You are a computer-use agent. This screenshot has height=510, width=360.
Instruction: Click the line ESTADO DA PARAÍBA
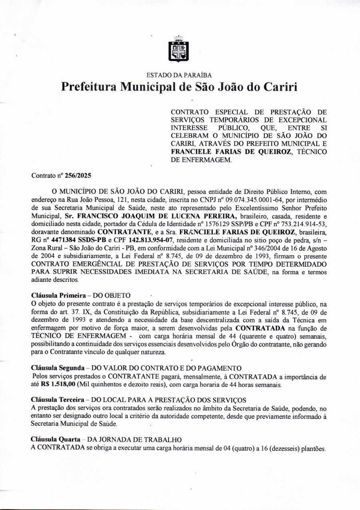tap(179, 75)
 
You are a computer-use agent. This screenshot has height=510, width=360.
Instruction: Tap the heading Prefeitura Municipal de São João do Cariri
tap(179, 87)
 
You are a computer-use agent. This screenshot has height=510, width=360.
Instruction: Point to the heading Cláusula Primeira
tap(58, 295)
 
